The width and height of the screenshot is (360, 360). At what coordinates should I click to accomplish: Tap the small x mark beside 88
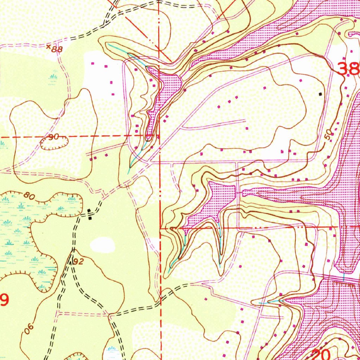coord(49,46)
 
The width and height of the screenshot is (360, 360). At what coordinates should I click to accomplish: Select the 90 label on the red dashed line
coord(53,137)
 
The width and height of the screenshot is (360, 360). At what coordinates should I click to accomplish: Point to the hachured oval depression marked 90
coord(55,142)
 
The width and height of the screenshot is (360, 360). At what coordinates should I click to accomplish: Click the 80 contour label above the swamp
coord(30,195)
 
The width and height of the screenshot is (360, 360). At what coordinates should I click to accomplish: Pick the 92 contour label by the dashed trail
coord(79,261)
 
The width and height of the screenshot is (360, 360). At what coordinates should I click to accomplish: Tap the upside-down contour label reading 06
coord(29,329)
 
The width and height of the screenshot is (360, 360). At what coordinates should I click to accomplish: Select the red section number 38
coord(348,69)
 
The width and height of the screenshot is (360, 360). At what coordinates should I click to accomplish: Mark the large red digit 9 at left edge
coord(4,300)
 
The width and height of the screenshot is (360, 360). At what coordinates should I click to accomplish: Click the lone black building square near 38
coord(320,94)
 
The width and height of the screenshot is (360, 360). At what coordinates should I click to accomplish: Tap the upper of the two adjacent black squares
coord(89,211)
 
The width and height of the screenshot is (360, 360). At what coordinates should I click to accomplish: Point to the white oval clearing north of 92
coord(102,244)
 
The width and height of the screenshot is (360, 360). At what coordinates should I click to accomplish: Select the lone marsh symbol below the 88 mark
coord(54,77)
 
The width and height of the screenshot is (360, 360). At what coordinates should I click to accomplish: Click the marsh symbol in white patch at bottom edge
coord(112,350)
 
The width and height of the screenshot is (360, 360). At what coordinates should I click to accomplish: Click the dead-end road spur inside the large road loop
coord(214,124)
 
